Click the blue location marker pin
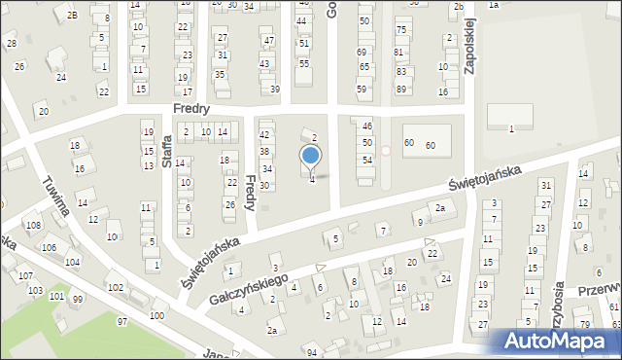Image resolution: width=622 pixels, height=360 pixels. tap(311, 157)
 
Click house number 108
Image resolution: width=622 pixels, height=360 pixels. tap(34, 225)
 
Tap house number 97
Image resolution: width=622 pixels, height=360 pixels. tap(122, 321)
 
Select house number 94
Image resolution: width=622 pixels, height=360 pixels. tap(311, 351)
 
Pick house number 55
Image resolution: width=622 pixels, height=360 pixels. tap(304, 63)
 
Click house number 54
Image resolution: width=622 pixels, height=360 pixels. tap(367, 160)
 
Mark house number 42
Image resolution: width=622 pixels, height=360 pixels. tap(264, 134)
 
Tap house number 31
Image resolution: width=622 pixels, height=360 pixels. tap(546, 185)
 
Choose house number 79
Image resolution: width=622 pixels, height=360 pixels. tap(585, 323)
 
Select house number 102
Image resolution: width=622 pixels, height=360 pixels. tap(115, 287)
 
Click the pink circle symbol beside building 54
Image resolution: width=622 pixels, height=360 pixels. tap(386, 151)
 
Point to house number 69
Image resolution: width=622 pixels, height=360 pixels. tap(363, 52)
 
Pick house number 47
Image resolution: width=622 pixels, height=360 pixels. tap(269, 40)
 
